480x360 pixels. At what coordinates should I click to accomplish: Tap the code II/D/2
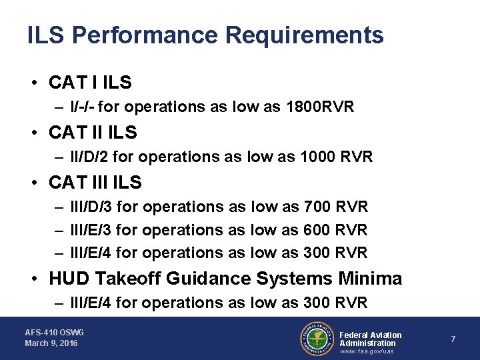(92, 157)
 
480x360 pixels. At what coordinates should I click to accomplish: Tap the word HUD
(70, 278)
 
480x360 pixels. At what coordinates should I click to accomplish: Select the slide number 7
(453, 339)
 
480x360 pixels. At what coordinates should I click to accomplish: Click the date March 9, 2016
(51, 343)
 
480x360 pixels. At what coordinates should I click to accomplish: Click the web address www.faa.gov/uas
(367, 351)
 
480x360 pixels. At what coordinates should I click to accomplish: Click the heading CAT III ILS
(95, 181)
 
